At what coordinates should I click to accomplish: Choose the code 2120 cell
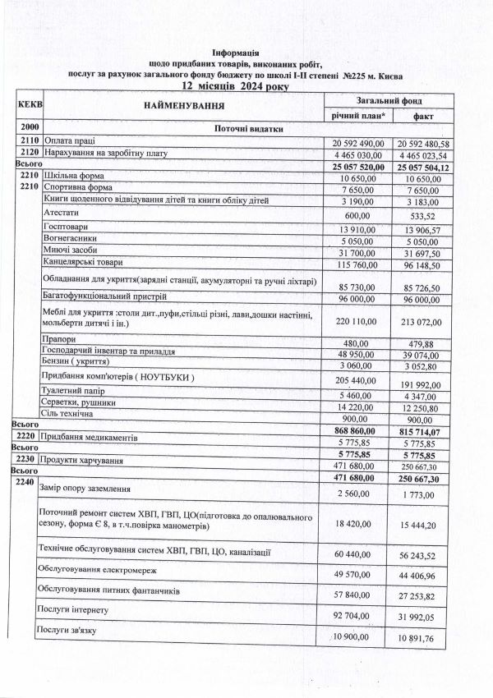coord(29,153)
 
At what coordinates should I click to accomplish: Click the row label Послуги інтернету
coord(79,610)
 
